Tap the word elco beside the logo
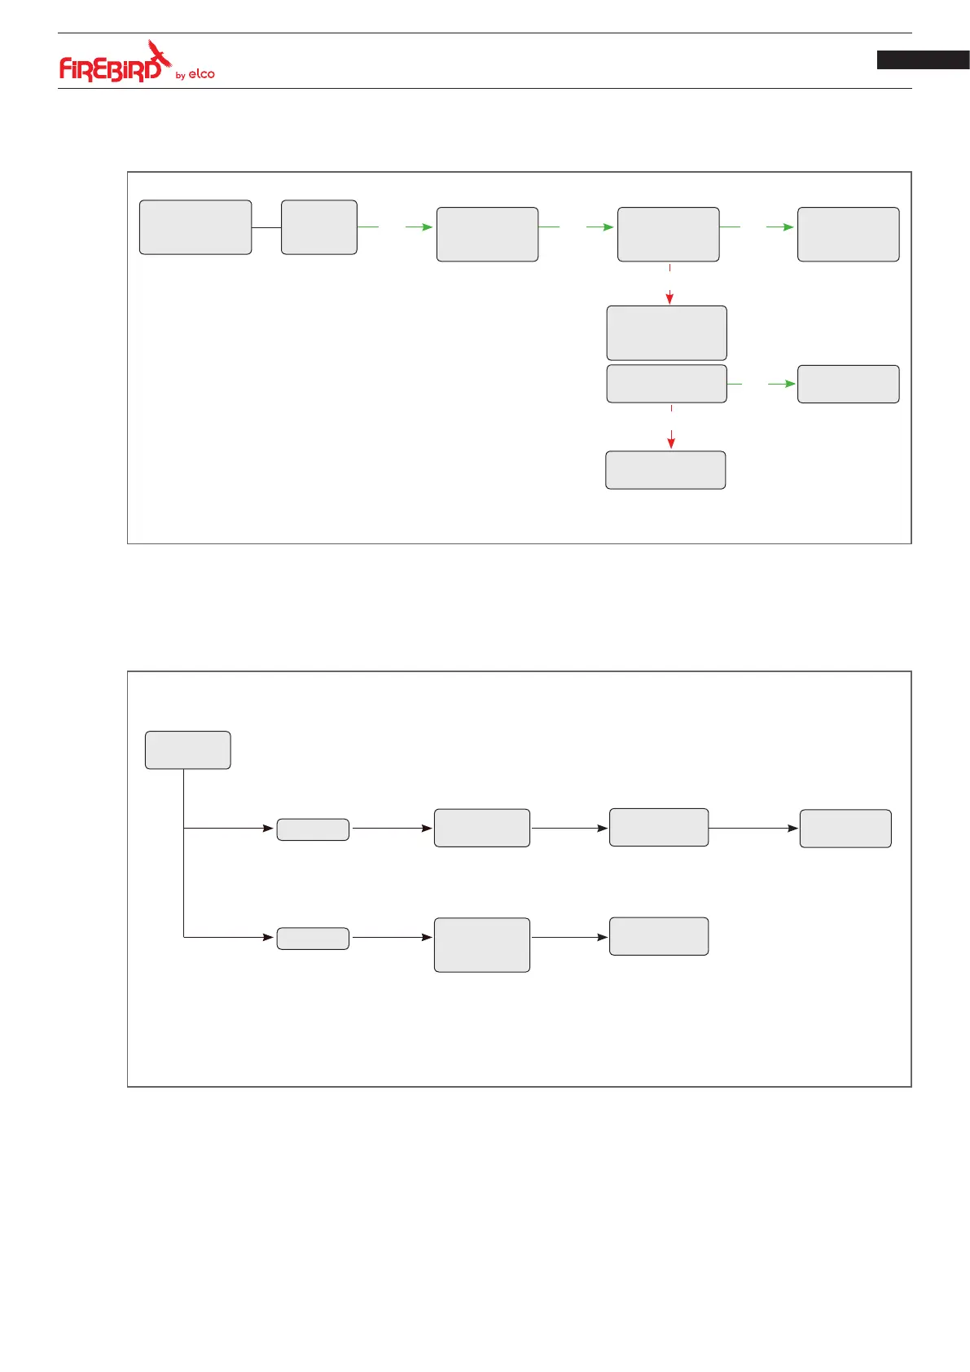[x=201, y=74]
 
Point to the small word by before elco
[x=180, y=76]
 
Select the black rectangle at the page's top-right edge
[x=923, y=59]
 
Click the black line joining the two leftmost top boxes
[x=266, y=227]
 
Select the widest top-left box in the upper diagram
[x=195, y=227]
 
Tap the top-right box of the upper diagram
[x=848, y=235]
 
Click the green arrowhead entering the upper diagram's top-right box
[x=788, y=227]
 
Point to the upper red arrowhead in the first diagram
[x=669, y=299]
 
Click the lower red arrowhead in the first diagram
[x=671, y=443]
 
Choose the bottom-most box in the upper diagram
[x=665, y=470]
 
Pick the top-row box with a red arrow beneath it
[x=668, y=235]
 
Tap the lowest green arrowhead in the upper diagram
[x=789, y=384]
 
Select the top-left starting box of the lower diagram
[x=187, y=750]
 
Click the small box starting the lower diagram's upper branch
[x=313, y=829]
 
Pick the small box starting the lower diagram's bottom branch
[x=313, y=939]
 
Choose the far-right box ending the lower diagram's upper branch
[x=845, y=829]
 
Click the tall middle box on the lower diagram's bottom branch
[x=481, y=945]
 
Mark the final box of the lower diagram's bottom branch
[x=658, y=936]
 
